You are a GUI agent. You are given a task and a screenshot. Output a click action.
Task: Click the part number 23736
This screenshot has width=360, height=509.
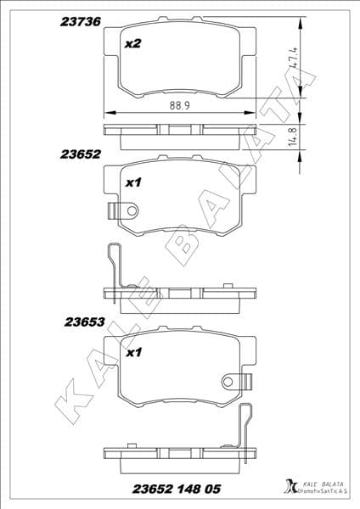point(80,24)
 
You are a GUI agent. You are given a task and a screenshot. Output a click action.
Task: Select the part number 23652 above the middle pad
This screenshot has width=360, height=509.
point(81,154)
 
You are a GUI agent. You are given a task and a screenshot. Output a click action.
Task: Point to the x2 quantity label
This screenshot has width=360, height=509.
point(132,44)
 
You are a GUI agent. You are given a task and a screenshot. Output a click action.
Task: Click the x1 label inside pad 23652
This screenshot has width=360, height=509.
point(132,182)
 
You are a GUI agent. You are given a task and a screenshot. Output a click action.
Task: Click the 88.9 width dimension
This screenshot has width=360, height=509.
point(177,105)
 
